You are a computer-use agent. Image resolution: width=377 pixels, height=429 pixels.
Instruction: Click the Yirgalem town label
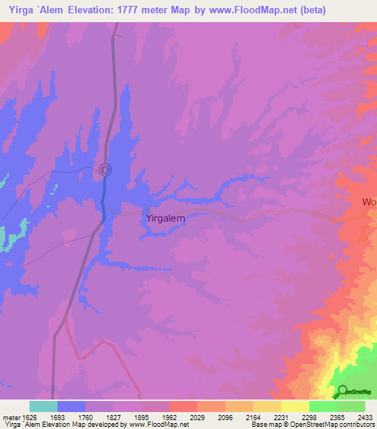(165, 218)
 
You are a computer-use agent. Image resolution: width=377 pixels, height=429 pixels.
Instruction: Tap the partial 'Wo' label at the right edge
(369, 201)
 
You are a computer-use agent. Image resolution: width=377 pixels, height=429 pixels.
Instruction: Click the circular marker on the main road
(105, 170)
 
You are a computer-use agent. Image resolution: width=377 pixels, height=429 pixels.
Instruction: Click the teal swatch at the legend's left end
(43, 406)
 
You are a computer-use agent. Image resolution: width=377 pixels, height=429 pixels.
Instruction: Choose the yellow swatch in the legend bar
(295, 406)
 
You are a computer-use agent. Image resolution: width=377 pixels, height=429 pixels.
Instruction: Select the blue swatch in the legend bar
(71, 406)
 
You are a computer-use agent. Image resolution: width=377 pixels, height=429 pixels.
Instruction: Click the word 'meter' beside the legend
(10, 416)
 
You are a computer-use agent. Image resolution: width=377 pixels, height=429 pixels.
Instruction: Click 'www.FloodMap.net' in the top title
(247, 10)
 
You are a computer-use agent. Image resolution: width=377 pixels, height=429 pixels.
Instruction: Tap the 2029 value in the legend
(197, 416)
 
